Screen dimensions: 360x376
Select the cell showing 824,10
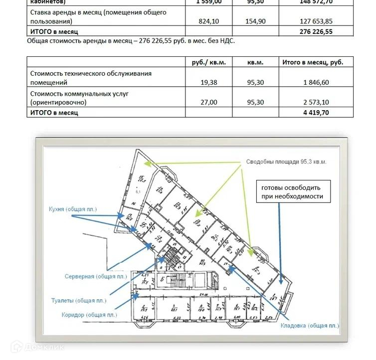pyautogui.click(x=208, y=22)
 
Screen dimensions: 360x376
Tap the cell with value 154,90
pyautogui.click(x=255, y=22)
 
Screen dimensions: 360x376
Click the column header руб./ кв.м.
pyautogui.click(x=208, y=62)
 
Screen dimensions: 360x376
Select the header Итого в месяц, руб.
pyautogui.click(x=316, y=62)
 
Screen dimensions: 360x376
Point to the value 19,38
pyautogui.click(x=208, y=83)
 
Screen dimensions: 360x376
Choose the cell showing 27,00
pyautogui.click(x=208, y=102)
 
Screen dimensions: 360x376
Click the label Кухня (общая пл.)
pyautogui.click(x=73, y=209)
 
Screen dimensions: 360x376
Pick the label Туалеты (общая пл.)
pyautogui.click(x=79, y=301)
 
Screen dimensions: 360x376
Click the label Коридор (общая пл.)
pyautogui.click(x=89, y=315)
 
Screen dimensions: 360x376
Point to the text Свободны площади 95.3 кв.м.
pyautogui.click(x=286, y=162)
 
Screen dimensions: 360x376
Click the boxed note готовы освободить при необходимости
pyautogui.click(x=291, y=192)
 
